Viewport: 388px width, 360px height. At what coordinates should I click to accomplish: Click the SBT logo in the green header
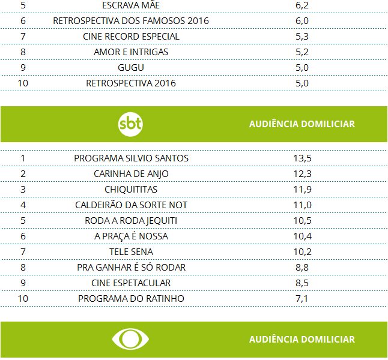coord(131,124)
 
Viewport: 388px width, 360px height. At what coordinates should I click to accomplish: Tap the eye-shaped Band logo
coord(130,340)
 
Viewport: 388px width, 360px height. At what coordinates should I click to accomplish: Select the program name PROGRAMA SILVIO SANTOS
coord(131,158)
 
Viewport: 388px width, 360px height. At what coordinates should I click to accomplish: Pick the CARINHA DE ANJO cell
coord(131,173)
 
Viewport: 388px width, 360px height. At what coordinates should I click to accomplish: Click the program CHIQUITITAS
coord(131,189)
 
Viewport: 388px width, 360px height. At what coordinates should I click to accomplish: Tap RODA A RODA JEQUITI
coord(131,220)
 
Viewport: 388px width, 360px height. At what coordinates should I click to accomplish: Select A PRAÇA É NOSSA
coord(131,236)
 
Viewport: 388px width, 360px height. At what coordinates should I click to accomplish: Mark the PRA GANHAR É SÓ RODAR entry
coord(131,267)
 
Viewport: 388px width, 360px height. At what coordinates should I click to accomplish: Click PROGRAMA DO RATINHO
coord(131,298)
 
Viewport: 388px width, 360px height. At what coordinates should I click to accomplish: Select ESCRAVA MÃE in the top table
coord(131,5)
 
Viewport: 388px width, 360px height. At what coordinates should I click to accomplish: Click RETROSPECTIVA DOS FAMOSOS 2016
coord(131,20)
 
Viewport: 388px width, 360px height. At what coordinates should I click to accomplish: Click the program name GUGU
coord(131,67)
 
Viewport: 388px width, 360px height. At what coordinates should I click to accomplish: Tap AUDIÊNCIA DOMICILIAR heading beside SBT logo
coord(302,124)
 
